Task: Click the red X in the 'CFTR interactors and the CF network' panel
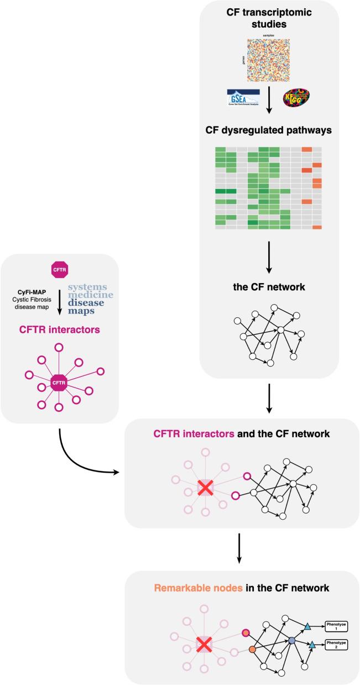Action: (x=204, y=489)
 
